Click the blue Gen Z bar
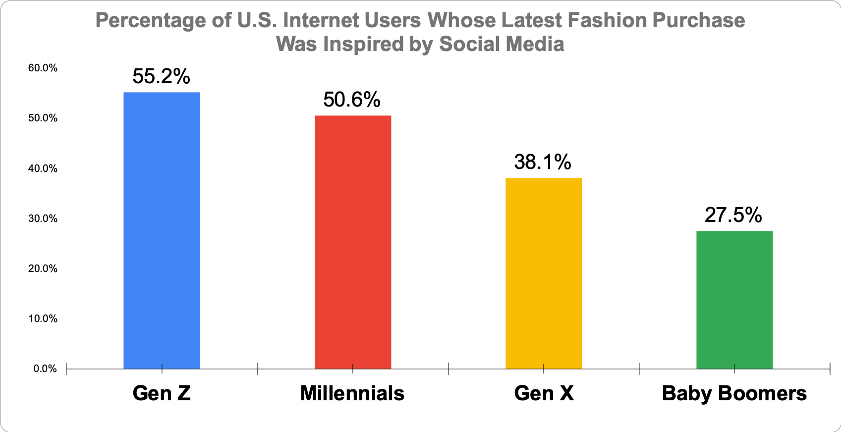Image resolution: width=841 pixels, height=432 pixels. (162, 230)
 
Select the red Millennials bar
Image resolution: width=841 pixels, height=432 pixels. (353, 242)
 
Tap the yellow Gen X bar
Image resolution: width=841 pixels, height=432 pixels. (544, 273)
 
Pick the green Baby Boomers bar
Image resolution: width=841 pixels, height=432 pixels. (734, 300)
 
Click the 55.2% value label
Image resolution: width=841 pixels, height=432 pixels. (162, 77)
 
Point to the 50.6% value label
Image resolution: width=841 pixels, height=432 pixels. (352, 100)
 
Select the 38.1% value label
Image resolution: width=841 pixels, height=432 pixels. (543, 162)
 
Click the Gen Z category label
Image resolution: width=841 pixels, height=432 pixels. (162, 393)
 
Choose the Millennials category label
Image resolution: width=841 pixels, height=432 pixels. (352, 393)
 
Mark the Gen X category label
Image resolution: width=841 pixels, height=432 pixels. (544, 393)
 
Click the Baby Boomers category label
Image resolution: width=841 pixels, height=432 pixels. (734, 393)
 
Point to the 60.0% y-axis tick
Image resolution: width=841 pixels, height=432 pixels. (43, 68)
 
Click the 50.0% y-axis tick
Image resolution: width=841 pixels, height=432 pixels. (43, 118)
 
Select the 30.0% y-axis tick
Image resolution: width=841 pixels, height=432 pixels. (43, 218)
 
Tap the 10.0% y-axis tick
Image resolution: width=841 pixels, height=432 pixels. (43, 319)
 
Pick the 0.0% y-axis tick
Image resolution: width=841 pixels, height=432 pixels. (45, 369)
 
